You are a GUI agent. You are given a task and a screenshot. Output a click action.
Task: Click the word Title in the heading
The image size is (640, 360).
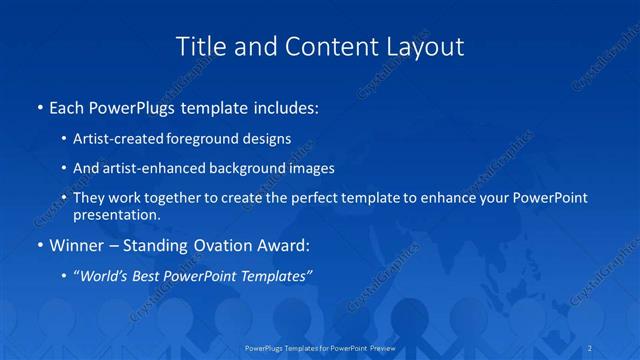[199, 46]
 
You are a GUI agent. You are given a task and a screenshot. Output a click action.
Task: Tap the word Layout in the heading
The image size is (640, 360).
[424, 46]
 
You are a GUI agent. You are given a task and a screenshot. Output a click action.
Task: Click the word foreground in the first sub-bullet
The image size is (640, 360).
[206, 139]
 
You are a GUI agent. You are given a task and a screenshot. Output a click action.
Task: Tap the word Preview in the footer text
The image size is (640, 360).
[380, 347]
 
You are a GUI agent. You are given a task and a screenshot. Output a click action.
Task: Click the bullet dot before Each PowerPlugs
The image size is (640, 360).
[39, 107]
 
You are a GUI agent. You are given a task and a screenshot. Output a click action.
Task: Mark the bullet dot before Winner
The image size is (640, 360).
[39, 245]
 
